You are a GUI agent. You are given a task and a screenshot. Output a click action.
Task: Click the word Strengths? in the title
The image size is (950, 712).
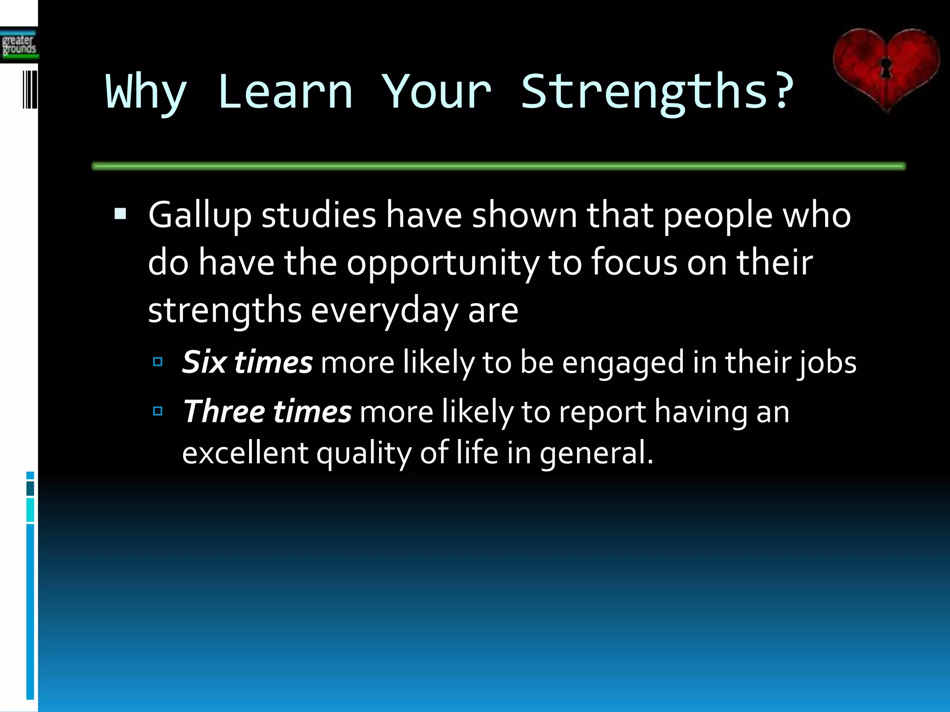pos(657,93)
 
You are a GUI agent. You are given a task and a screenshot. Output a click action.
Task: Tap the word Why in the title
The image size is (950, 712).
pos(146,93)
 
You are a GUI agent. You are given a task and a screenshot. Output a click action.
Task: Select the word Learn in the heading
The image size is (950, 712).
pos(285,92)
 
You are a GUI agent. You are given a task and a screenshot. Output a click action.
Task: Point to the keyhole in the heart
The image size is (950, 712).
pos(886,67)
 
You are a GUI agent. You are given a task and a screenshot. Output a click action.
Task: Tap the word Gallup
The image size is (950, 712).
pos(199,216)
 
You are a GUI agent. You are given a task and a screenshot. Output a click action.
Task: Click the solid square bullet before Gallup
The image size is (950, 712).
pos(120,214)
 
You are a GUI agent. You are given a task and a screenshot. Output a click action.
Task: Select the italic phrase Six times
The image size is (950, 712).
pos(247,362)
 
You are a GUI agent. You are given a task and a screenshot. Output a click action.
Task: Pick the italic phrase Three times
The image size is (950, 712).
pos(267,412)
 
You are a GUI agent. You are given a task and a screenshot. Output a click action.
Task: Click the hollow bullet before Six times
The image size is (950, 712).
pos(158,362)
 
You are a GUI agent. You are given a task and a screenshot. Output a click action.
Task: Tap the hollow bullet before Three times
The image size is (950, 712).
pos(158,411)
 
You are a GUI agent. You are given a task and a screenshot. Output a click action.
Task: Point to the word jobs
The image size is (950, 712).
pos(827,363)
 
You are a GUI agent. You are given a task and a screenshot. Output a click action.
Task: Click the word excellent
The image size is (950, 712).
pos(244,453)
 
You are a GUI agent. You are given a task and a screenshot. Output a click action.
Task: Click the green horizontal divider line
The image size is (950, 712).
pos(499,166)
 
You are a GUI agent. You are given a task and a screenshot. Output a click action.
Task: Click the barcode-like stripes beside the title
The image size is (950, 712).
pos(30,89)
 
